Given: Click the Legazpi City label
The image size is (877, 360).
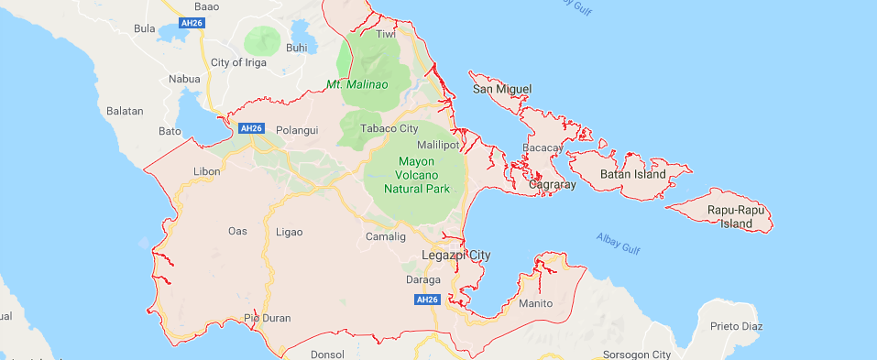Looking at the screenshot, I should pos(455,255).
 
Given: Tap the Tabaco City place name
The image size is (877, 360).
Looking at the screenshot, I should pos(389,129).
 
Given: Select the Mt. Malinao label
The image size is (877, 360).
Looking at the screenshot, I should pos(357,84).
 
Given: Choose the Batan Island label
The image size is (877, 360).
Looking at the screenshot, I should pos(632,174).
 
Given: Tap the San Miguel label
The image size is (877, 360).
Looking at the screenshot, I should pos(501,89).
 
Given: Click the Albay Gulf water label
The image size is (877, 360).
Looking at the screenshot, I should pos(617,244).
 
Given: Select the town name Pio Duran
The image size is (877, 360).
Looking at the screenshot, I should pos(267,319).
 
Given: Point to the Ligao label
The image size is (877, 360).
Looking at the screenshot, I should pos(289,232).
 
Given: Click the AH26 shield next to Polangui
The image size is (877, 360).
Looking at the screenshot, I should pos(250,129).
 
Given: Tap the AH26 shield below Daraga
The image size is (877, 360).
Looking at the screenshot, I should pos(427,300).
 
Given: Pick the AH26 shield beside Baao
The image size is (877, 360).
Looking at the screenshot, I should pos(191,23).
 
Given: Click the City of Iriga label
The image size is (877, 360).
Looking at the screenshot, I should pos(238,62).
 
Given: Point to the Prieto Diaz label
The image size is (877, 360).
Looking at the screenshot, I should pos(743,326).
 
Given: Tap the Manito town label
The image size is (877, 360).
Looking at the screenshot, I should pos(535,303).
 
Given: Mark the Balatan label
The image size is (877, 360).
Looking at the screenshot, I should pos(126,111).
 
